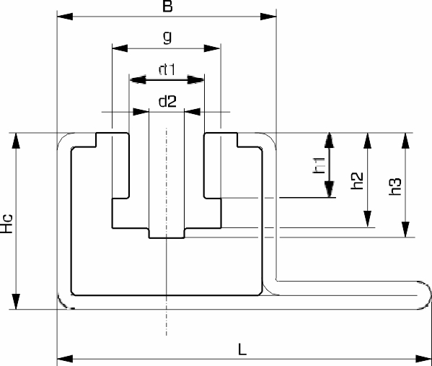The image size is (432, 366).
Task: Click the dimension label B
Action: pyautogui.click(x=167, y=6)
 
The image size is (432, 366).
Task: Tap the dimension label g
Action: pyautogui.click(x=167, y=37)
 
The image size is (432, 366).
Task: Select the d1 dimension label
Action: pyautogui.click(x=167, y=69)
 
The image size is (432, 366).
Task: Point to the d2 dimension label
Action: pyautogui.click(x=167, y=101)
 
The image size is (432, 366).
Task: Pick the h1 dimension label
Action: pyautogui.click(x=319, y=165)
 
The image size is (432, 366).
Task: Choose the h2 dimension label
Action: pyautogui.click(x=357, y=180)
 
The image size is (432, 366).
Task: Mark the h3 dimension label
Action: pyautogui.click(x=395, y=187)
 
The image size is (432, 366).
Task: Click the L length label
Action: pyautogui.click(x=242, y=349)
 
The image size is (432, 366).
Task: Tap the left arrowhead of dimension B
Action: pyautogui.click(x=65, y=17)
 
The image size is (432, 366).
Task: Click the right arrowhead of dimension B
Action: pyautogui.click(x=268, y=17)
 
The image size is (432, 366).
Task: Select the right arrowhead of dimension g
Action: pyautogui.click(x=212, y=48)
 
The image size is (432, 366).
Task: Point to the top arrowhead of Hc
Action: pyautogui.click(x=16, y=141)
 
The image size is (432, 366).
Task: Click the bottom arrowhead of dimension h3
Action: pyautogui.click(x=405, y=230)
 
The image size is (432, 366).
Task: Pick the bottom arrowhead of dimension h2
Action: pyautogui.click(x=367, y=219)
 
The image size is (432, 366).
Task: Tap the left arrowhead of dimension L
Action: pyautogui.click(x=65, y=359)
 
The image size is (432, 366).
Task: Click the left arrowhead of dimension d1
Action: pyautogui.click(x=137, y=80)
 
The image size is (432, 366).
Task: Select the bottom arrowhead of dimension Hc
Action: pyautogui.click(x=16, y=302)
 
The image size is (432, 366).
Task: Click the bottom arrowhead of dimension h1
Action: pyautogui.click(x=330, y=189)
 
